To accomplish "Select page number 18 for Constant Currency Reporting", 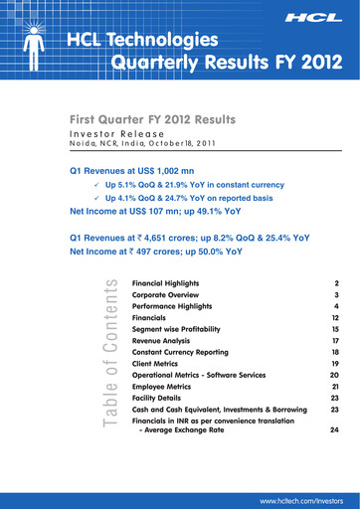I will click(335, 352).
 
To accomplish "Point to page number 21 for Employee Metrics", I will click(335, 385).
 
